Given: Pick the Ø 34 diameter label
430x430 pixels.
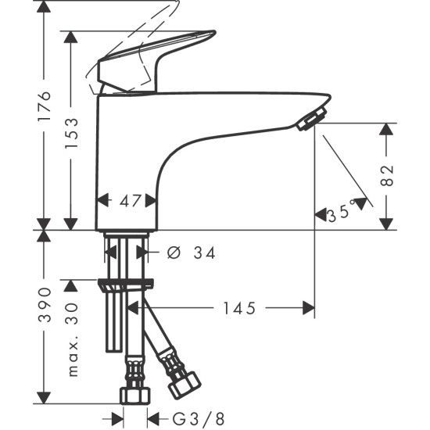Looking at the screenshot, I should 192,253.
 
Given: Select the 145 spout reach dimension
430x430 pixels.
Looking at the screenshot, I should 239,308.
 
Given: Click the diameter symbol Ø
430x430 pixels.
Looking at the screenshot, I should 174,253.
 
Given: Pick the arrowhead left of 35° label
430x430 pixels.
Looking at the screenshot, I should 321,210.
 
